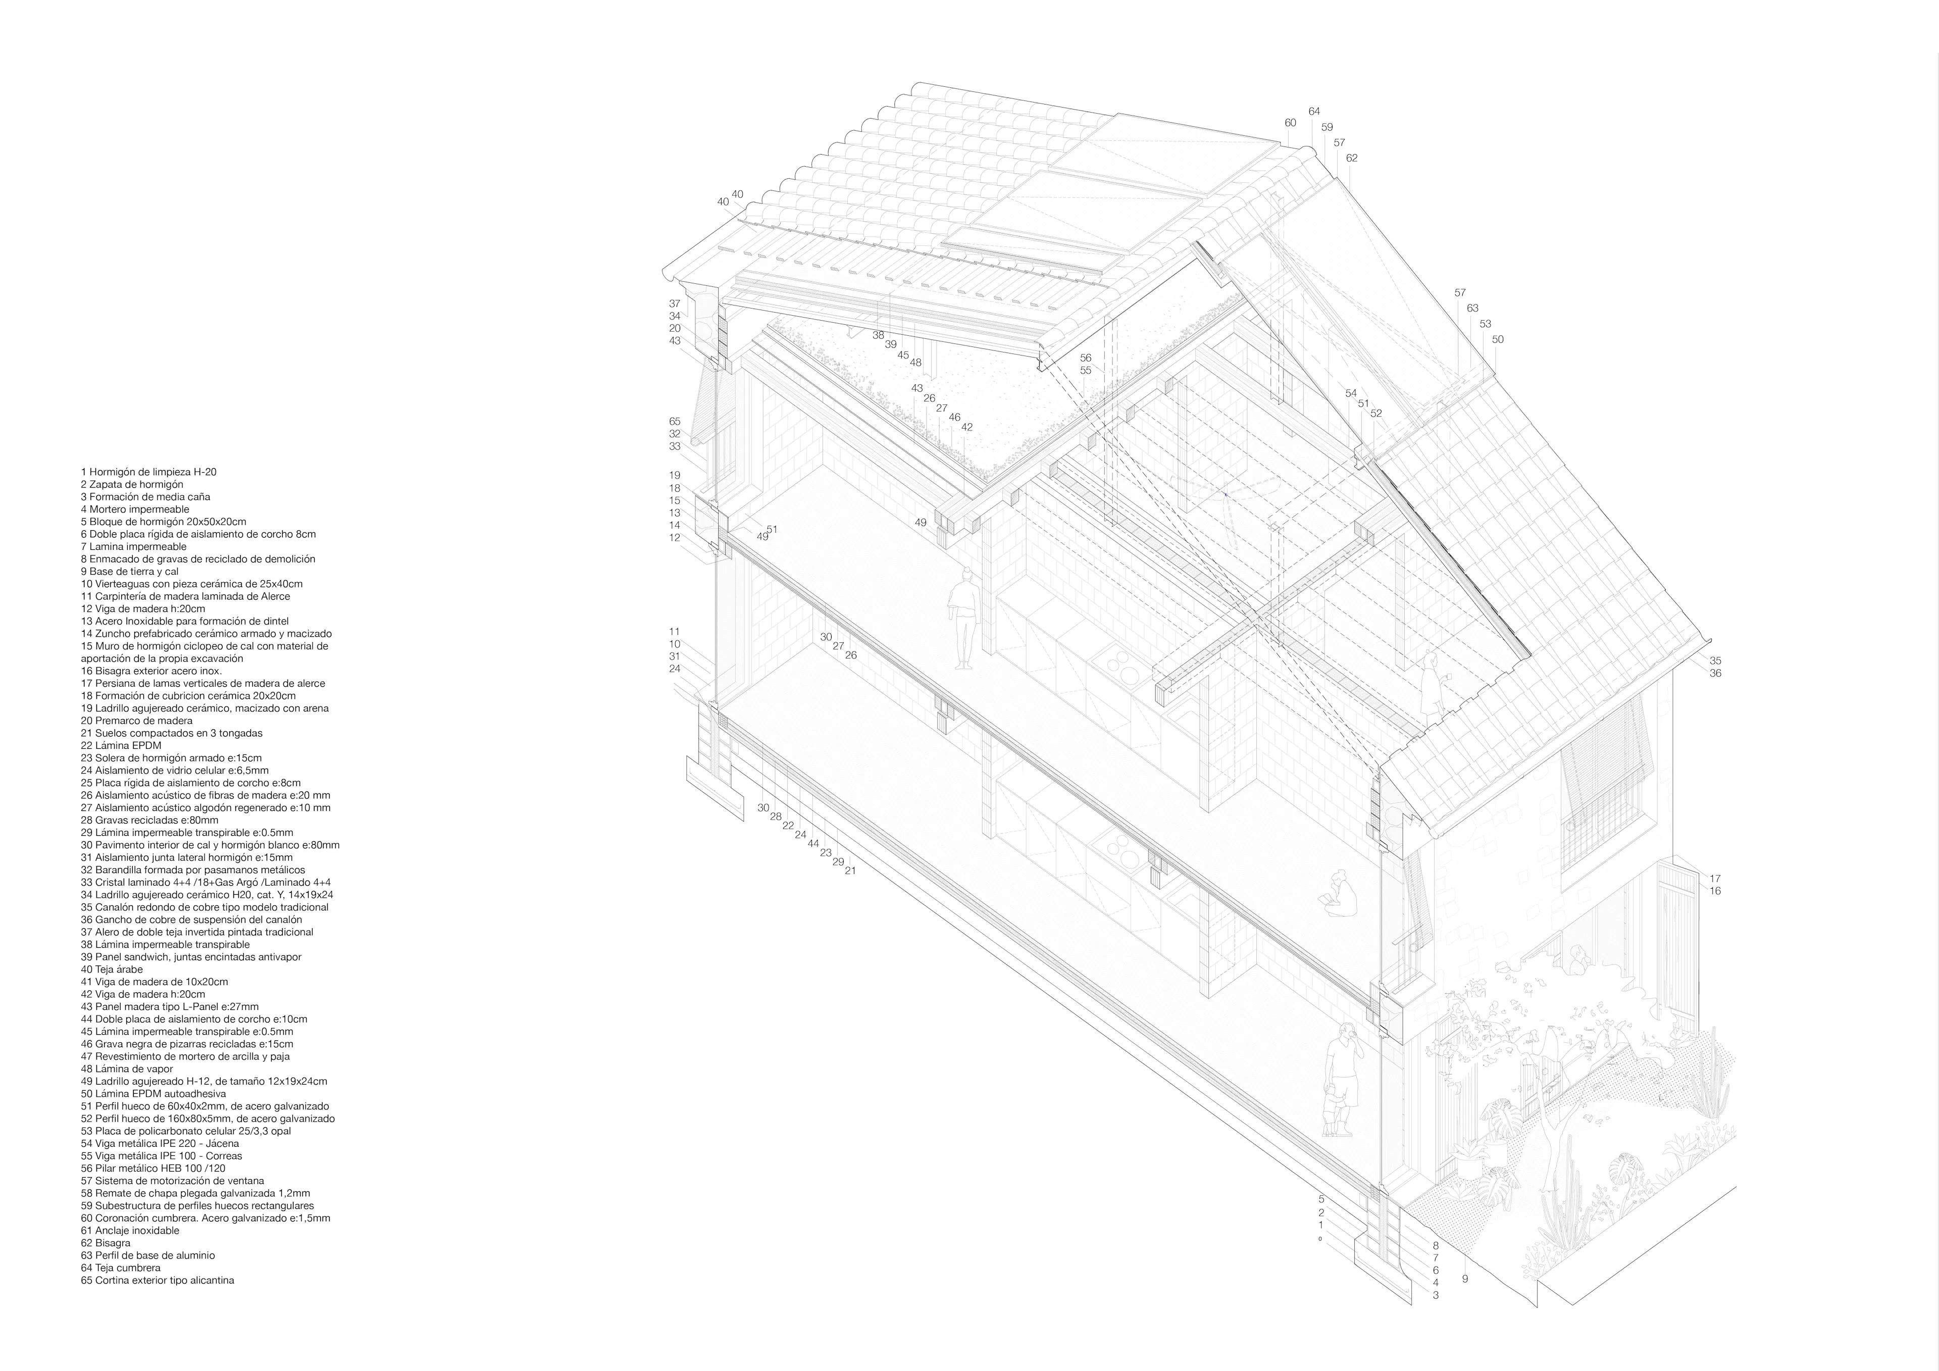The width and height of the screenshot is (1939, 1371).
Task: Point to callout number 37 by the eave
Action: [675, 303]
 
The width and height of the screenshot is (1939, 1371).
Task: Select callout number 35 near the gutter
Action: [1715, 661]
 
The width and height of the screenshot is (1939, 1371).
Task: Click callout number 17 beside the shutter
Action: [1715, 879]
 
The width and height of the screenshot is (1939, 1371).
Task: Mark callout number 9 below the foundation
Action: [1465, 1303]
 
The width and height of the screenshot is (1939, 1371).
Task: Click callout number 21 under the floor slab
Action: [850, 870]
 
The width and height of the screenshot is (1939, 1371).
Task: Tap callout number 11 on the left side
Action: [675, 631]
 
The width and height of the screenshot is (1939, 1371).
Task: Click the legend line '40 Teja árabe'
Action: [112, 970]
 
